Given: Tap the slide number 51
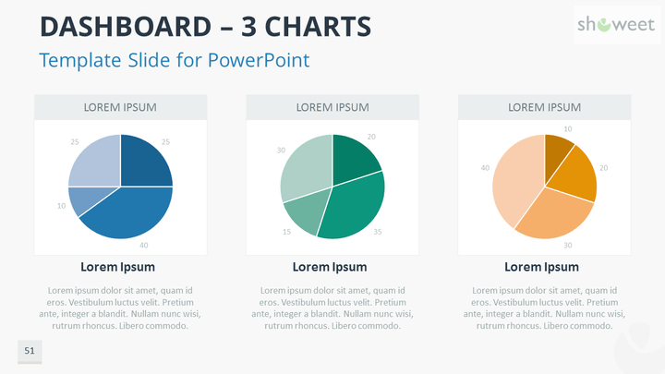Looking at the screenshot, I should click(x=30, y=351).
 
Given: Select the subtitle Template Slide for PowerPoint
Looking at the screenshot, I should click(x=174, y=60).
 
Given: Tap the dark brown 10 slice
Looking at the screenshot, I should click(x=557, y=150).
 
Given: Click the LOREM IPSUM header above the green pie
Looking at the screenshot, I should click(x=332, y=107).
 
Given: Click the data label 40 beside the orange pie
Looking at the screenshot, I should click(x=485, y=168).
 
